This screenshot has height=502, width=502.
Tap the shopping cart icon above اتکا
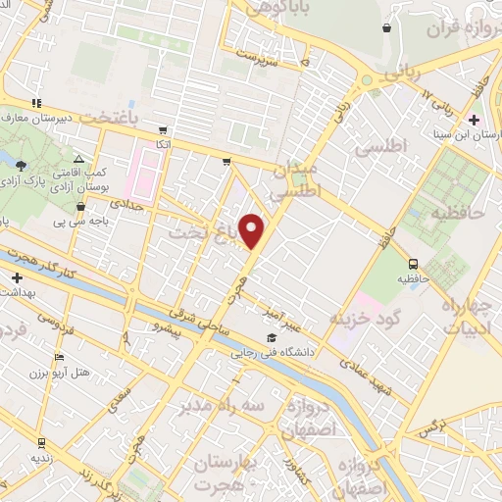coord(163,129)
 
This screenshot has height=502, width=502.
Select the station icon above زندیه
coord(40,442)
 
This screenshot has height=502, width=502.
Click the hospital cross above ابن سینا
coord(474,121)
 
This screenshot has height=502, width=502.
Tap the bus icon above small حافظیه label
coord(413,263)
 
